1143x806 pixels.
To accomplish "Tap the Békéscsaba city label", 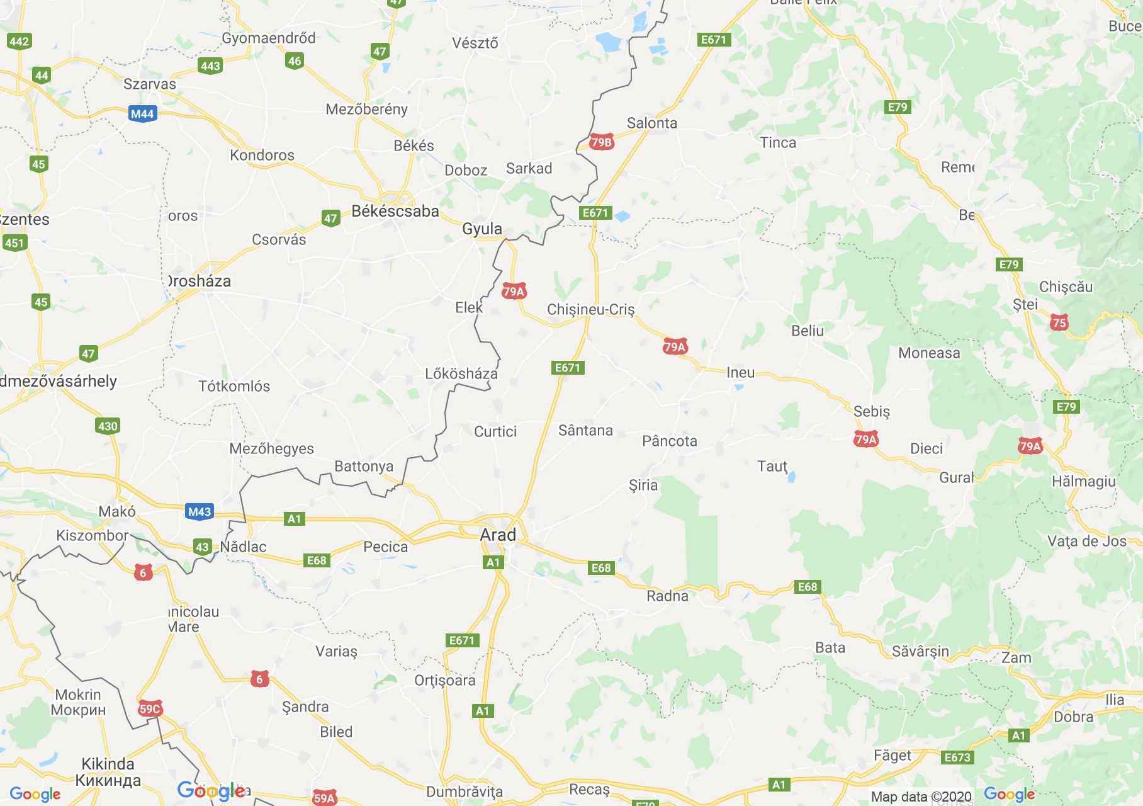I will coord(395,211).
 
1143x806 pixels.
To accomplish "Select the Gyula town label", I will coord(482,229).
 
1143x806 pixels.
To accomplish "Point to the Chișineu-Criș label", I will coord(590,309).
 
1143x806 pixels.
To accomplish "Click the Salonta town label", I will coord(652,123).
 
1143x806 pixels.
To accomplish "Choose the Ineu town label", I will coord(740,372).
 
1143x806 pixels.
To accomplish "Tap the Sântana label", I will coord(585,430).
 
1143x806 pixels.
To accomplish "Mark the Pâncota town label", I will coord(670,441).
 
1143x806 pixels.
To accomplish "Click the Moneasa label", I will coord(929,353).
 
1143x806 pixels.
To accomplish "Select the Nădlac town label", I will coord(244,547).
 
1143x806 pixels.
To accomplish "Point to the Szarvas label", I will coord(150,84).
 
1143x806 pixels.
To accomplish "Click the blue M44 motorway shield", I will coord(142,114).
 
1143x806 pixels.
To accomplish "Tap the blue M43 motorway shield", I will coord(200,511).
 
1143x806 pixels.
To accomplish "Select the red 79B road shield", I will coord(601,142).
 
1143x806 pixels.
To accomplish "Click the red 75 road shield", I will coord(1059,323).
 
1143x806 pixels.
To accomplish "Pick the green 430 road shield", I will coord(108,426).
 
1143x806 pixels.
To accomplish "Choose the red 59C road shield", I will coord(150,710).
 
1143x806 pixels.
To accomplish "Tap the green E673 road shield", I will coord(957,758).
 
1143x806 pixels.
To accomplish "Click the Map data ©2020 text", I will coord(921,797).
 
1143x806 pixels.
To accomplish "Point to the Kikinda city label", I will coord(108,764).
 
